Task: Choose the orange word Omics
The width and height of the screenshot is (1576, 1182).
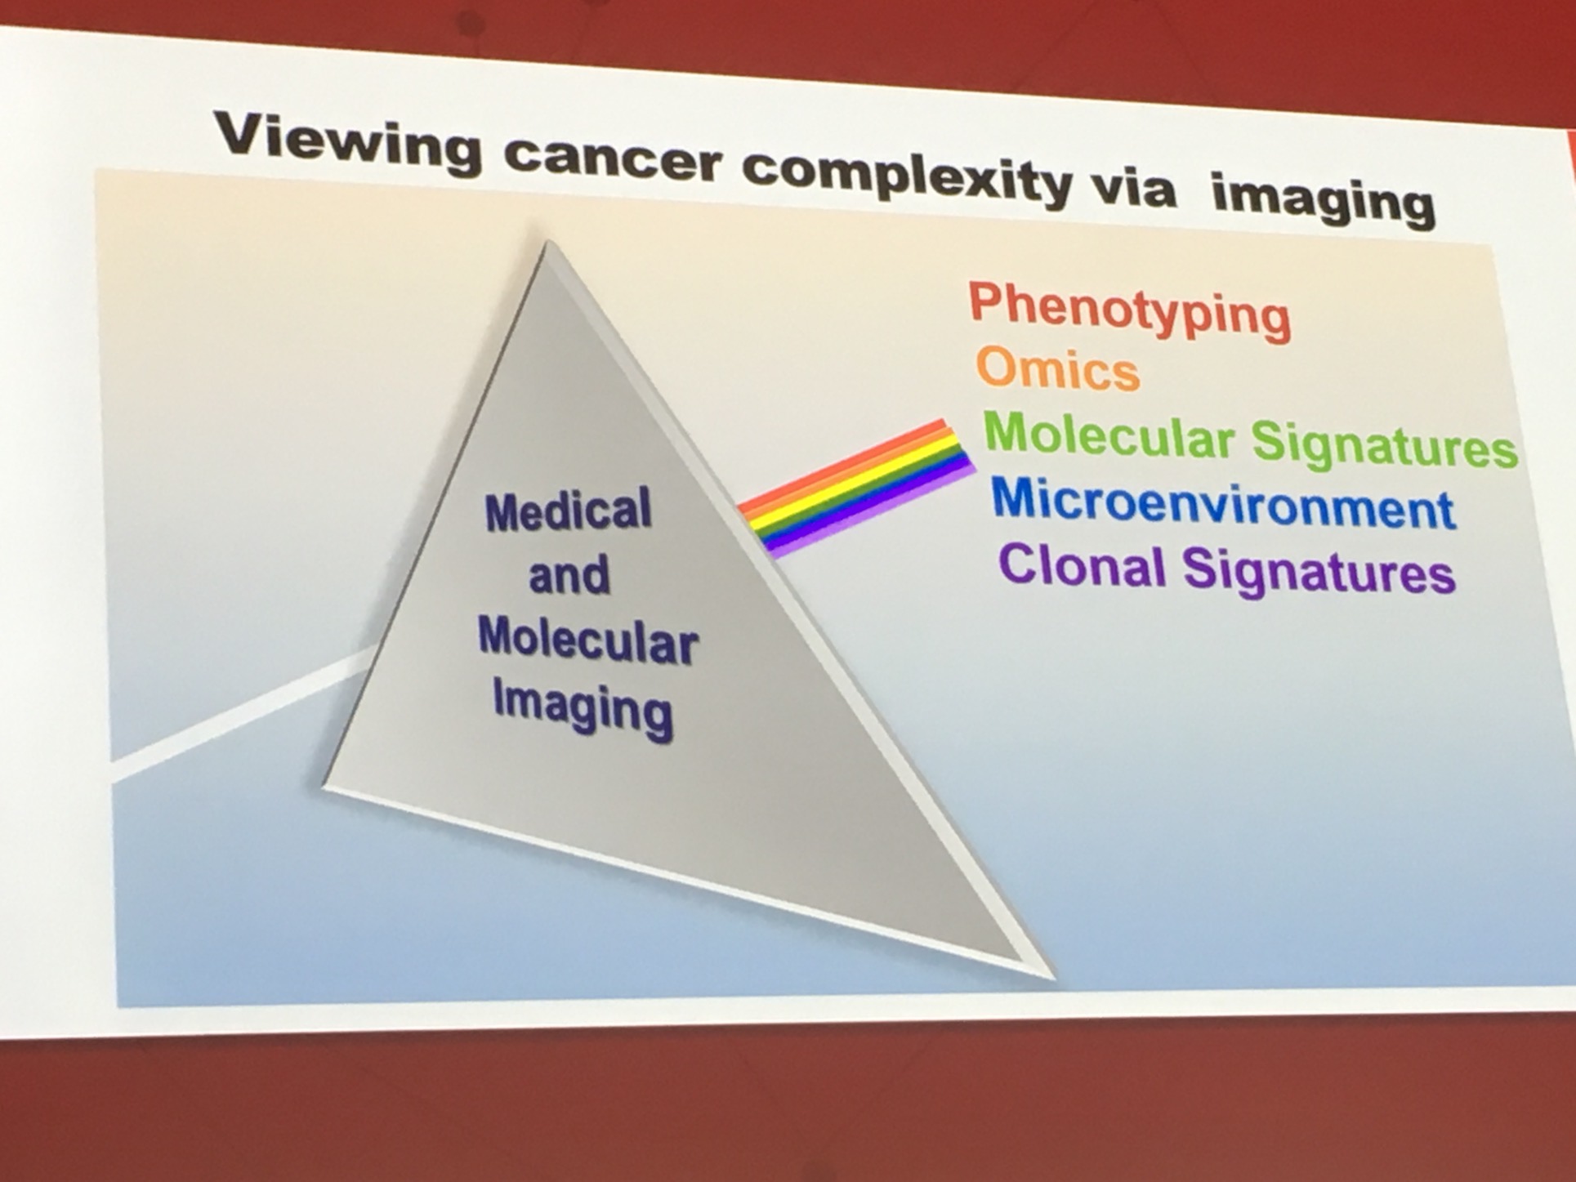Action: point(1058,368)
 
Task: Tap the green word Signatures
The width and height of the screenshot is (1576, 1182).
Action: point(1384,445)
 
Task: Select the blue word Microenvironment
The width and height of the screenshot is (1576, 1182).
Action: point(1224,503)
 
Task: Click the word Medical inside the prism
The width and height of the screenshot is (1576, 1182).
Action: point(569,511)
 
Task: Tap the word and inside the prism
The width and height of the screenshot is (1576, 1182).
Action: point(569,574)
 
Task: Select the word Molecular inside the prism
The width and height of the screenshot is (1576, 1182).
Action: point(588,639)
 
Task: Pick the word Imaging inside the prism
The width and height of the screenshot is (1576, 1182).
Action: point(583,708)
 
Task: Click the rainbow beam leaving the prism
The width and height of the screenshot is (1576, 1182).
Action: point(857,488)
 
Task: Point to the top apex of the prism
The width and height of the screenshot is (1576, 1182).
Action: point(547,242)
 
